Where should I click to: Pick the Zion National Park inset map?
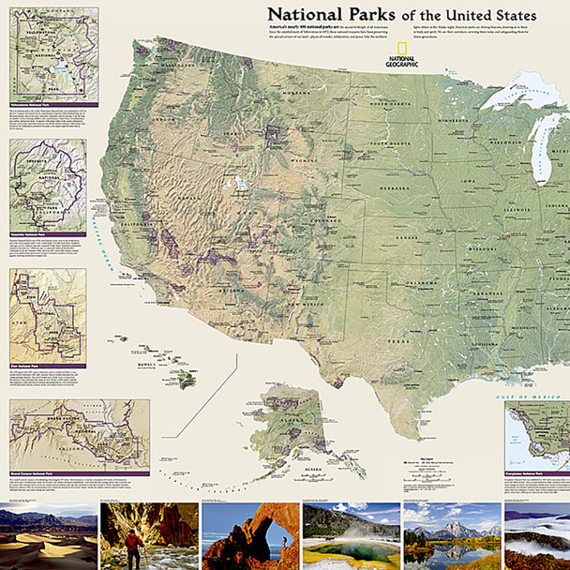pos(49,314)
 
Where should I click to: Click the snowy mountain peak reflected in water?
pos(450,534)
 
